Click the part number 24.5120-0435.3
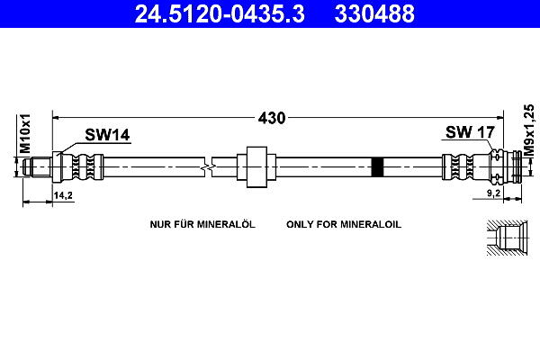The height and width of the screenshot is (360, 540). pyautogui.click(x=220, y=13)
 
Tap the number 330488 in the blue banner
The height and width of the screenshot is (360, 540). pyautogui.click(x=374, y=13)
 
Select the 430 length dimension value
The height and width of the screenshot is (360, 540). pyautogui.click(x=272, y=118)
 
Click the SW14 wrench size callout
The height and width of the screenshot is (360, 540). pyautogui.click(x=107, y=135)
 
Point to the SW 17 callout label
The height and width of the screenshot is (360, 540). pyautogui.click(x=470, y=132)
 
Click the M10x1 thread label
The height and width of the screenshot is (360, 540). pyautogui.click(x=25, y=134)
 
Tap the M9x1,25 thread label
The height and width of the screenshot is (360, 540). pyautogui.click(x=529, y=130)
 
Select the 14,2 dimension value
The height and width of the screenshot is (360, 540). pyautogui.click(x=63, y=195)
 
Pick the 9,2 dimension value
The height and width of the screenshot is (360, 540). pyautogui.click(x=493, y=193)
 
